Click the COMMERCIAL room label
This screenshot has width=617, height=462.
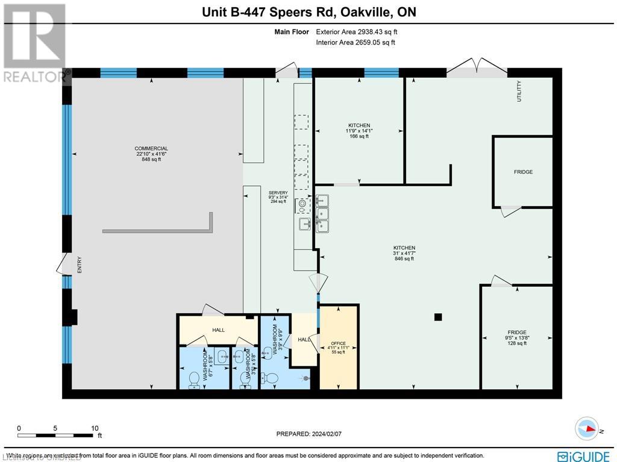click(x=151, y=148)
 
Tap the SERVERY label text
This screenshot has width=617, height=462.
click(x=278, y=193)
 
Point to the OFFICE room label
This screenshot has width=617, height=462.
click(x=338, y=345)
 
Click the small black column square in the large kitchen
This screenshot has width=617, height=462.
click(x=438, y=317)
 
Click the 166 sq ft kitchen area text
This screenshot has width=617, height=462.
click(x=359, y=136)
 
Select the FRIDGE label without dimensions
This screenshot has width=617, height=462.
click(x=523, y=172)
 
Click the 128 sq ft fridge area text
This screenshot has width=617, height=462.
click(x=517, y=343)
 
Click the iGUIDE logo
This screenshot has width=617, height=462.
click(x=584, y=455)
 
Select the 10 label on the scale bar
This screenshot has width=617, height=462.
click(x=95, y=428)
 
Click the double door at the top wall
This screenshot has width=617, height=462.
click(x=477, y=67)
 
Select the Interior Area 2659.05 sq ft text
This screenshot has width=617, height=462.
click(x=355, y=42)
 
